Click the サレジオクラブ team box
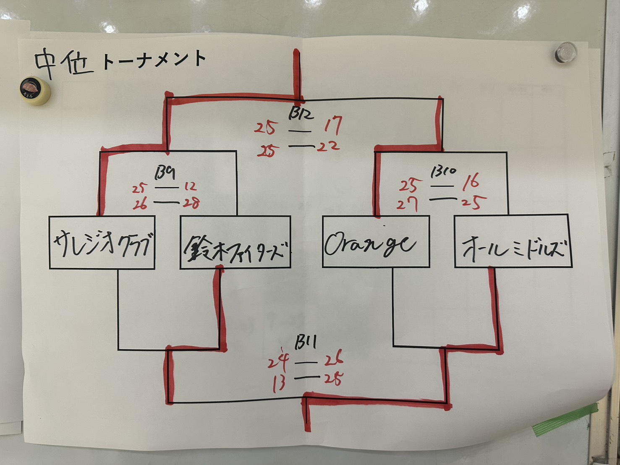[x=102, y=242]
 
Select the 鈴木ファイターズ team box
[x=235, y=242]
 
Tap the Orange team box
[x=376, y=241]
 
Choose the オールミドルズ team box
[x=513, y=241]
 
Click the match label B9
[x=165, y=172]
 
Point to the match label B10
[x=443, y=172]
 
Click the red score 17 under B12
[x=333, y=125]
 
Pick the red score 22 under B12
[x=328, y=146]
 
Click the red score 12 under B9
[x=190, y=186]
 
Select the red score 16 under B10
[x=471, y=182]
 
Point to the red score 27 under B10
[x=407, y=204]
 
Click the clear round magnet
[x=565, y=52]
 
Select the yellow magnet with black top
[x=36, y=91]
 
